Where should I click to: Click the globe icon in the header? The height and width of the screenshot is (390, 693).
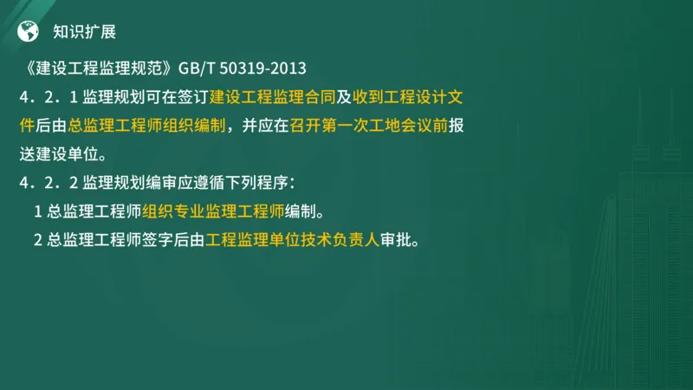tap(29, 32)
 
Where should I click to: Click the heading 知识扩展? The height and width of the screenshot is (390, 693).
tap(84, 32)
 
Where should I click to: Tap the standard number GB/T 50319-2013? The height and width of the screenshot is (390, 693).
tap(243, 68)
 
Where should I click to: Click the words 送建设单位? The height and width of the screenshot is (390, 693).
tap(61, 153)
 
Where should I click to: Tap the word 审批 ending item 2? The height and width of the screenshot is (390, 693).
tap(399, 239)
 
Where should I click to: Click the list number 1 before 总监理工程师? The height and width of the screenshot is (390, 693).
tap(38, 211)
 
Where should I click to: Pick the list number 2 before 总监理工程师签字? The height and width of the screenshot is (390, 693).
tap(38, 239)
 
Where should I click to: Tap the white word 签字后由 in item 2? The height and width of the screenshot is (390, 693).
tap(173, 239)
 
